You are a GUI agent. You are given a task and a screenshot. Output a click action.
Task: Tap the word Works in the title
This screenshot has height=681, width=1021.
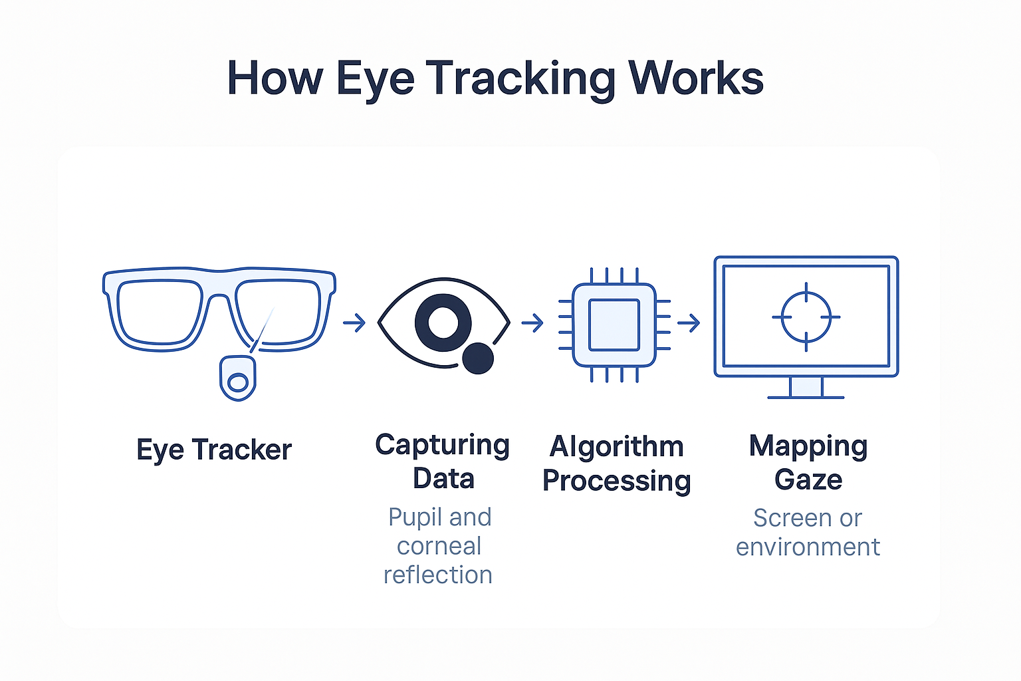pos(695,78)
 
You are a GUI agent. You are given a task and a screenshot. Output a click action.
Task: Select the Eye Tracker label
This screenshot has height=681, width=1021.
pos(214,451)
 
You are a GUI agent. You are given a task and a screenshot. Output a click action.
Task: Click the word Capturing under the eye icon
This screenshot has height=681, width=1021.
pos(442,446)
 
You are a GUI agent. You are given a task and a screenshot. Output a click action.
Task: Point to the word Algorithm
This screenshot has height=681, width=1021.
pos(617,446)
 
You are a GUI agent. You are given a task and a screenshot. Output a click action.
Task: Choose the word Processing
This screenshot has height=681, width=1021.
pos(617,481)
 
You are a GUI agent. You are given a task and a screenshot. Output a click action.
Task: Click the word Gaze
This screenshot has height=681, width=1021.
pos(808,480)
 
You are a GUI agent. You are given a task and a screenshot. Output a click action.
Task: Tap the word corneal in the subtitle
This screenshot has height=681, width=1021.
pos(439,547)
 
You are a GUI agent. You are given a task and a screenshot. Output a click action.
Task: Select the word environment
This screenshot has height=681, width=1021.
pos(808,547)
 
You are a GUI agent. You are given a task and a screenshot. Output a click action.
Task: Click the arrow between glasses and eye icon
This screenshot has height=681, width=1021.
pos(354,323)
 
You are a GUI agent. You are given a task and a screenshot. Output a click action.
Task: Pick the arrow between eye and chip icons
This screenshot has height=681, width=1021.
pos(532,323)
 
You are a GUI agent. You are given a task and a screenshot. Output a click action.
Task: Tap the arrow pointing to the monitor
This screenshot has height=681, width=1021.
pos(689,323)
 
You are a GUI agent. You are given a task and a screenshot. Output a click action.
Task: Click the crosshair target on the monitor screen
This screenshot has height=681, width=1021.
pos(806,317)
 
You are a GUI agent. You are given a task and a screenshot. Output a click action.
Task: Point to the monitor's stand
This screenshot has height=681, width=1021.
pos(806,388)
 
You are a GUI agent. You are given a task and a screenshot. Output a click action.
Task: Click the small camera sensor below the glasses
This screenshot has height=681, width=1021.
pos(238,378)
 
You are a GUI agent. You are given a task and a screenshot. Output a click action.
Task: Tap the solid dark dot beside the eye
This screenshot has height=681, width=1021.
pos(478,358)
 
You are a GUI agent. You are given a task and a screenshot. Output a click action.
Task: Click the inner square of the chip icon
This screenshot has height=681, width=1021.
pos(614,325)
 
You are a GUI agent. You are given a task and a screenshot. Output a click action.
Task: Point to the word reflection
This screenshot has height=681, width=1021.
pos(438,575)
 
